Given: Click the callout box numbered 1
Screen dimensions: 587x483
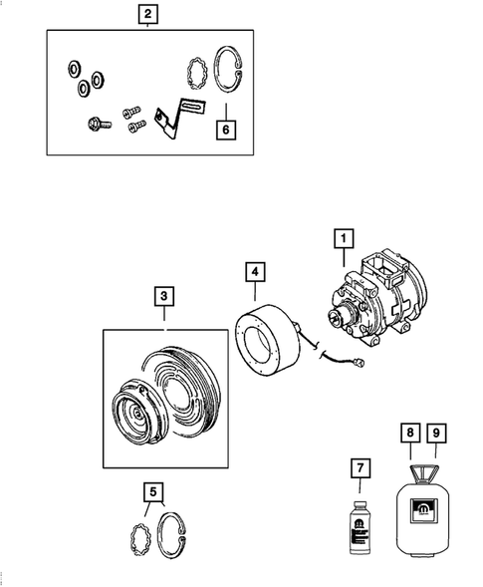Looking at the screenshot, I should pyautogui.click(x=342, y=239).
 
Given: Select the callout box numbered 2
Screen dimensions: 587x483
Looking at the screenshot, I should pyautogui.click(x=147, y=14).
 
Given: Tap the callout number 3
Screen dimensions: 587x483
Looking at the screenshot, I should pyautogui.click(x=163, y=296).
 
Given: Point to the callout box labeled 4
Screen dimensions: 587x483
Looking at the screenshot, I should pyautogui.click(x=255, y=271).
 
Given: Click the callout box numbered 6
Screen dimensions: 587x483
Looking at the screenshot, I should pyautogui.click(x=226, y=130).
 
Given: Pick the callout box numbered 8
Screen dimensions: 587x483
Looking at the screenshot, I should pyautogui.click(x=410, y=433).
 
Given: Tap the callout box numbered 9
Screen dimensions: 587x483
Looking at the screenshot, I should pyautogui.click(x=436, y=433).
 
